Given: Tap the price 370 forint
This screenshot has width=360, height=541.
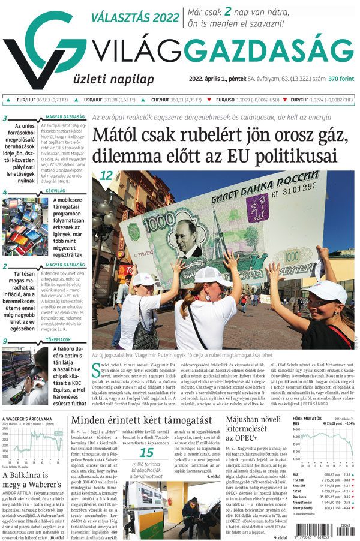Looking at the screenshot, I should coord(340,79).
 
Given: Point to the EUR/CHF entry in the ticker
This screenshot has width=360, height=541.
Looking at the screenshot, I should coord(321,100).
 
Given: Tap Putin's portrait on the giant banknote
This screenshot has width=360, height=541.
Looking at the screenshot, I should coord(191,237).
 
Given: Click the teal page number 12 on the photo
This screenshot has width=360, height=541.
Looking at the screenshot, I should coord(106,176).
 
